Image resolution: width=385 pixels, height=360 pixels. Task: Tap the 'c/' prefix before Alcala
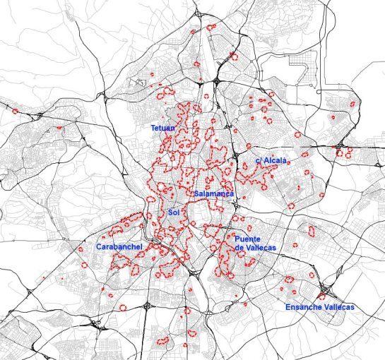tap(258, 161)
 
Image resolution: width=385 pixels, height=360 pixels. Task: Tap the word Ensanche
tap(304, 307)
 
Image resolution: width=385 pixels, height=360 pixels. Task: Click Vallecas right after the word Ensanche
tap(338, 307)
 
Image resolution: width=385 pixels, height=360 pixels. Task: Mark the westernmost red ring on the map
tap(15, 111)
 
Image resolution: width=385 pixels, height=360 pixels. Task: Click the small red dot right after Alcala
tap(289, 163)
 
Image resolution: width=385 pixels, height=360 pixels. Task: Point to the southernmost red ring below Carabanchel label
tap(122, 308)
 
